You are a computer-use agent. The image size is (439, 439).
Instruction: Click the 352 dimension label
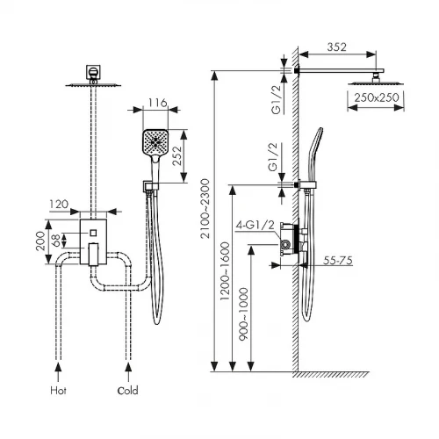pos(336,47)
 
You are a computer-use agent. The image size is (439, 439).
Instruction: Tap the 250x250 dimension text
pos(377,97)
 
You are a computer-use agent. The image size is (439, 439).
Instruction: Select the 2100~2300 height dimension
pos(205,208)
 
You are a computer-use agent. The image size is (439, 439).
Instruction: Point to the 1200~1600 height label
pos(225,271)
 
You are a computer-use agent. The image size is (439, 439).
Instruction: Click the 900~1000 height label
pos(243,314)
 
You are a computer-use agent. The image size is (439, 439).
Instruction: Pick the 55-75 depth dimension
pos(338,260)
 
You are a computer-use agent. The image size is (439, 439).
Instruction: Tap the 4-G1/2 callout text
pos(255,225)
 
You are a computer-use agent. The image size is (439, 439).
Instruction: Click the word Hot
pos(58,391)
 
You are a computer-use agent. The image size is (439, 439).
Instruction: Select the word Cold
pos(127,391)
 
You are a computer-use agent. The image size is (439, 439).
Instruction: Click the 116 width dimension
pos(158,103)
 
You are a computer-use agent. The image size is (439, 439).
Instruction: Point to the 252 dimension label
pos(177,156)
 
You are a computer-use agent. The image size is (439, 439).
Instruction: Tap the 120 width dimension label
pos(59,204)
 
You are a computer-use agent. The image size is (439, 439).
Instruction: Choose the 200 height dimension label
pos(40,241)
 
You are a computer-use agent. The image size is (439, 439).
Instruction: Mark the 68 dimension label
pos(56,241)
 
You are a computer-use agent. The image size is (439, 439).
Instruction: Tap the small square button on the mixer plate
pos(93,233)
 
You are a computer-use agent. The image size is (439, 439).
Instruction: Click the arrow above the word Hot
pos(59,372)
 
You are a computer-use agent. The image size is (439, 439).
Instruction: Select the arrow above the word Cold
pos(128,372)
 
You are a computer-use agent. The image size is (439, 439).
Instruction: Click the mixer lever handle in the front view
pos(93,255)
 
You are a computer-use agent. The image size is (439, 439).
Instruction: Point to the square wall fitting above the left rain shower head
pos(93,72)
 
